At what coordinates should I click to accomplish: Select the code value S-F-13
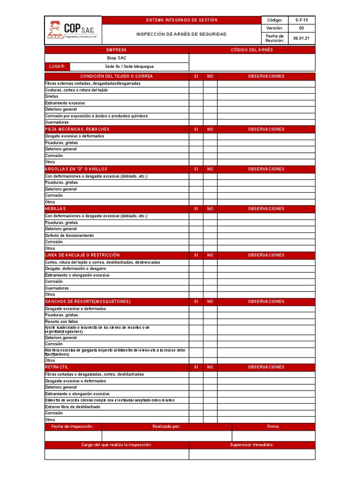click(x=301, y=20)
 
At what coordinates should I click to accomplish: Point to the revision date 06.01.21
click(x=301, y=38)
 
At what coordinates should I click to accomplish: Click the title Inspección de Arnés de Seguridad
click(x=181, y=34)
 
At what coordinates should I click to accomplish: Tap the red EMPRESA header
click(x=116, y=50)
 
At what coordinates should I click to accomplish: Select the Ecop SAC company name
click(x=116, y=58)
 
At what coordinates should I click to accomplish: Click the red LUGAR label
click(x=57, y=67)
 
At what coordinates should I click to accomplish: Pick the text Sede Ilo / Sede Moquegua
click(x=129, y=67)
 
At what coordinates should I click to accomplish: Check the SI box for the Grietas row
click(x=196, y=96)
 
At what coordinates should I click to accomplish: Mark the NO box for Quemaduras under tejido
click(x=210, y=122)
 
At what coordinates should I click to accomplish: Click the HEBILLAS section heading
click(x=55, y=209)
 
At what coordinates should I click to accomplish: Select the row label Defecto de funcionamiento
click(x=69, y=235)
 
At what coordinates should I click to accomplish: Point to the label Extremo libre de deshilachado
click(x=72, y=407)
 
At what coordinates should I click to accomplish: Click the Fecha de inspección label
click(x=73, y=427)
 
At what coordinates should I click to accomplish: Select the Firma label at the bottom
click(x=273, y=427)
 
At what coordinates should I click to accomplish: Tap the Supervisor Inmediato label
click(x=252, y=445)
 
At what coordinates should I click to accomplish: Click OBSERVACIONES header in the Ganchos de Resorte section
click(x=266, y=301)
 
